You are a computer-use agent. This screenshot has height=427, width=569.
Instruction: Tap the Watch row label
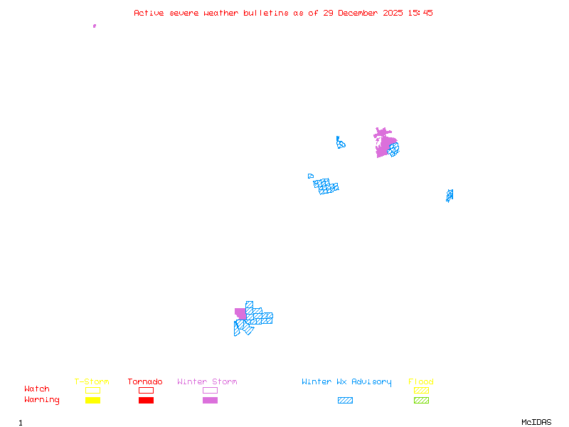[37, 389]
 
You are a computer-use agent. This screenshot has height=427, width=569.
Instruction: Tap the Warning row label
[41, 400]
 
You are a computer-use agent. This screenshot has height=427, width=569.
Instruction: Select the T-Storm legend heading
[92, 382]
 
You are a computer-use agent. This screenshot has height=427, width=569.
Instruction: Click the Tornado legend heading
[145, 382]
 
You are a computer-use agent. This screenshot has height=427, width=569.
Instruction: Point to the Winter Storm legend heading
[207, 382]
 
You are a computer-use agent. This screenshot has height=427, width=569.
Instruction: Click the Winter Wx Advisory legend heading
[346, 382]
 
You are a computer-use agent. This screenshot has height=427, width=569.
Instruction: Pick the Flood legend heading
[421, 382]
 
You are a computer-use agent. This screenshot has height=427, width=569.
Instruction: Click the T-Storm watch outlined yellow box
[92, 390]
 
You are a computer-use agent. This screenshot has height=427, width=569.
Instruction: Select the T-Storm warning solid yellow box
[92, 400]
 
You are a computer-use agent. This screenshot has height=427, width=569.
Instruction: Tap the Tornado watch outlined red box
[146, 390]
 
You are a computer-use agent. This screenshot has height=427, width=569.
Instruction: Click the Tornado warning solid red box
[146, 400]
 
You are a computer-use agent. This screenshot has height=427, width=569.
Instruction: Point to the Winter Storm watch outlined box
[210, 390]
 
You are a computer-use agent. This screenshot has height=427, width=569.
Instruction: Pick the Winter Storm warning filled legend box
[210, 400]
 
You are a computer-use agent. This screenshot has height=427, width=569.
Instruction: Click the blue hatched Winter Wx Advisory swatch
[345, 400]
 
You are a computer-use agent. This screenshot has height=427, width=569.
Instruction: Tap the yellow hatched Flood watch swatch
[421, 390]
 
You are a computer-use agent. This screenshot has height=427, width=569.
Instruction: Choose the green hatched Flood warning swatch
[421, 400]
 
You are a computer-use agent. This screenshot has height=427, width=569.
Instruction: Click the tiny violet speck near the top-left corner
[95, 26]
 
